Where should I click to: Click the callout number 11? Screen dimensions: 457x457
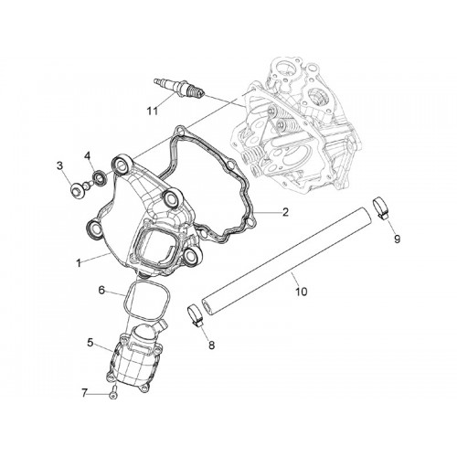153,112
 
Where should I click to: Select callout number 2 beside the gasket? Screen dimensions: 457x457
285,212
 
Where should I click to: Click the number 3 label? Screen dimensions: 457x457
59,166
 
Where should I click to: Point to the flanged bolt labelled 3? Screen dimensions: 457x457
79,189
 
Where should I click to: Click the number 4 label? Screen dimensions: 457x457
88,156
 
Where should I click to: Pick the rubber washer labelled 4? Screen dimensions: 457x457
100,177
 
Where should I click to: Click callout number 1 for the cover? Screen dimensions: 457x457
79,263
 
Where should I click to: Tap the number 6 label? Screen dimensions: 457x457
101,290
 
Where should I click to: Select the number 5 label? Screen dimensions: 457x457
90,343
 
